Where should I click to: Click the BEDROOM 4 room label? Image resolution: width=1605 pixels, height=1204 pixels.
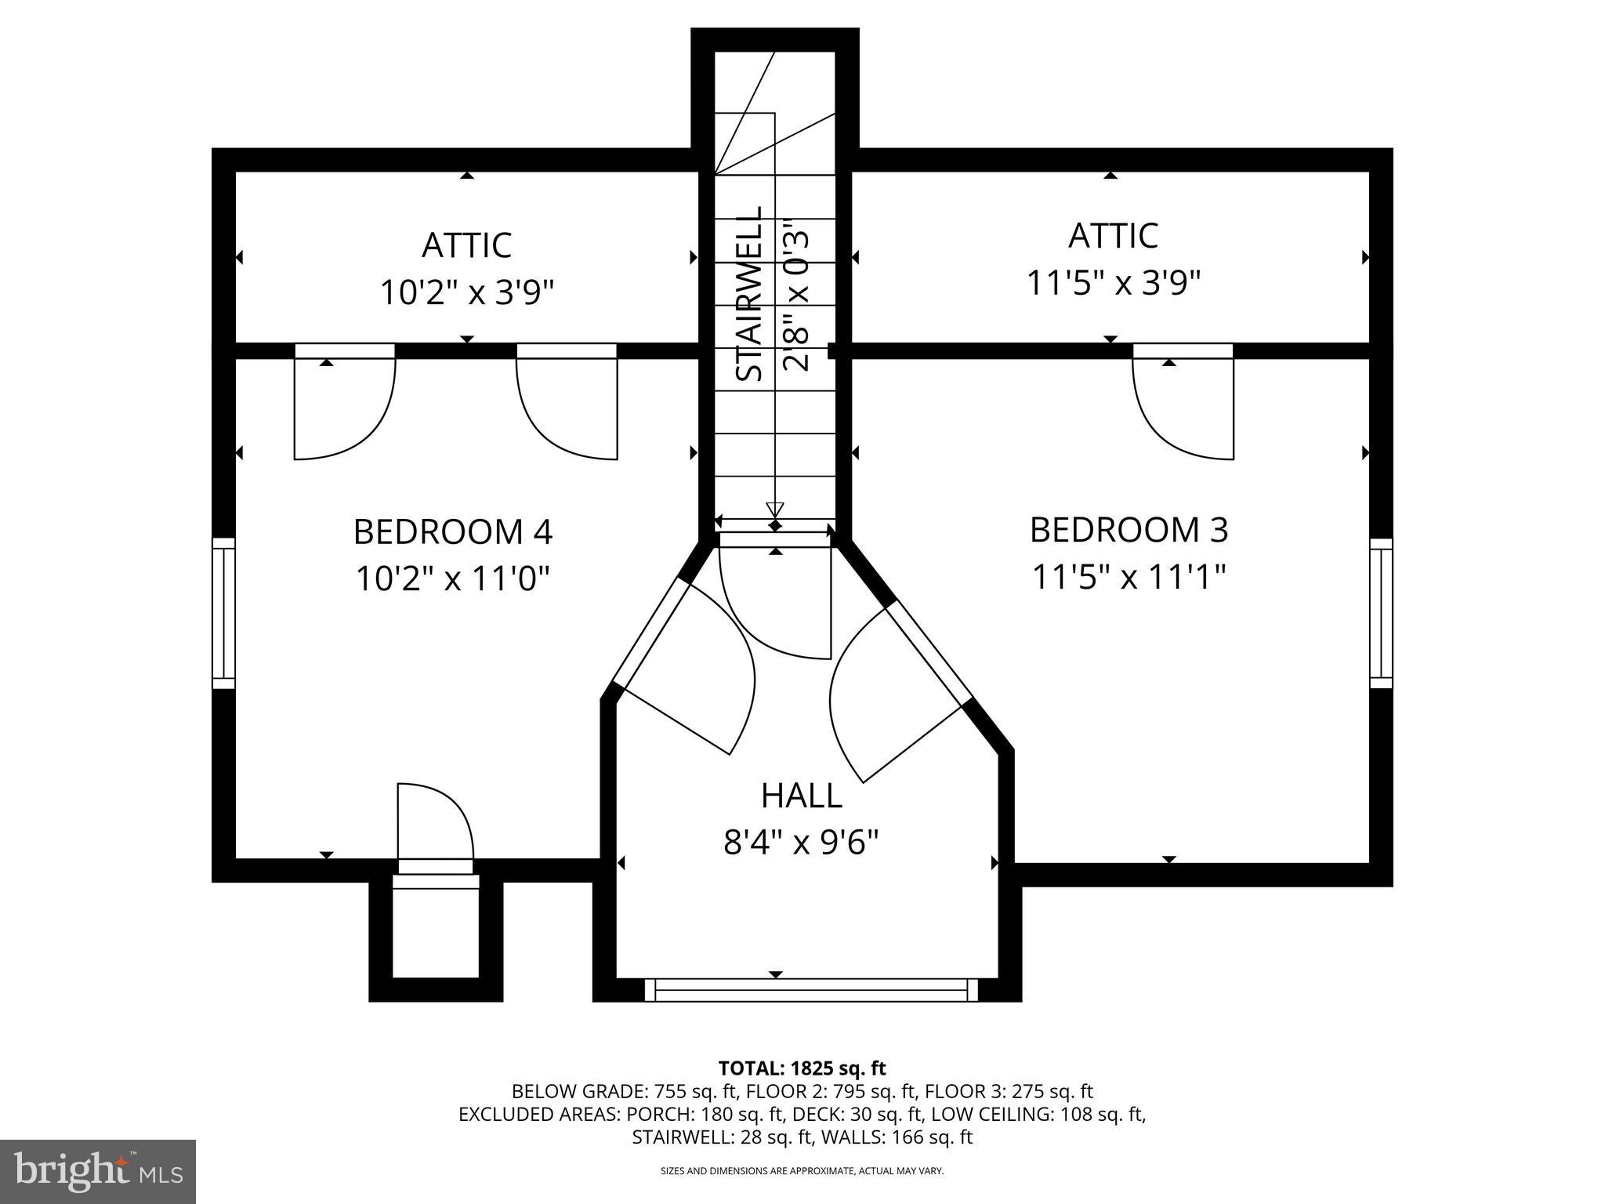click(x=453, y=531)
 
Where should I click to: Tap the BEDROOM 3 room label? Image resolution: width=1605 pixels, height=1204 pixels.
click(x=1129, y=530)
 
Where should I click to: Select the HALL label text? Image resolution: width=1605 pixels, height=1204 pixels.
click(x=801, y=796)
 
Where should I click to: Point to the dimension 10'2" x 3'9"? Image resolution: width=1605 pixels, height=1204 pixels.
click(x=467, y=293)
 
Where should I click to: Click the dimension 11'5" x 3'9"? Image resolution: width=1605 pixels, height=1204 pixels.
click(x=1114, y=283)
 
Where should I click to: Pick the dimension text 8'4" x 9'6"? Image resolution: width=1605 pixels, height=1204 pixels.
click(x=801, y=843)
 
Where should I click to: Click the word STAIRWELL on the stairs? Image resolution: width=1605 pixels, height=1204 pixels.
click(x=751, y=294)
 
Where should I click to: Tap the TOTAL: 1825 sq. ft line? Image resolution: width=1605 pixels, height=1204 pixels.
click(x=802, y=1068)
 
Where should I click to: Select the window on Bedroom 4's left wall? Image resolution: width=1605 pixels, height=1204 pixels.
click(x=224, y=613)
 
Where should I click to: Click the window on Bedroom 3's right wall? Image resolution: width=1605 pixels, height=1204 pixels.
click(x=1381, y=613)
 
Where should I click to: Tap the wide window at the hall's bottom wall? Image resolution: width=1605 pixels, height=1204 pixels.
click(x=811, y=990)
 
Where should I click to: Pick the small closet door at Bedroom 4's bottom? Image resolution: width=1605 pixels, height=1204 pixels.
click(x=435, y=823)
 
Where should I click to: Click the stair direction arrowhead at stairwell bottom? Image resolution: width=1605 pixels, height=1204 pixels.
click(x=774, y=508)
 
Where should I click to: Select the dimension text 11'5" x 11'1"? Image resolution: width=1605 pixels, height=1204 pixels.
click(x=1129, y=578)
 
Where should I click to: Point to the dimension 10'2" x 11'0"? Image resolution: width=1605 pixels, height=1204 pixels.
click(x=453, y=580)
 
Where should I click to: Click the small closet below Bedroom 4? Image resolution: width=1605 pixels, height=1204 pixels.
click(x=435, y=933)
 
